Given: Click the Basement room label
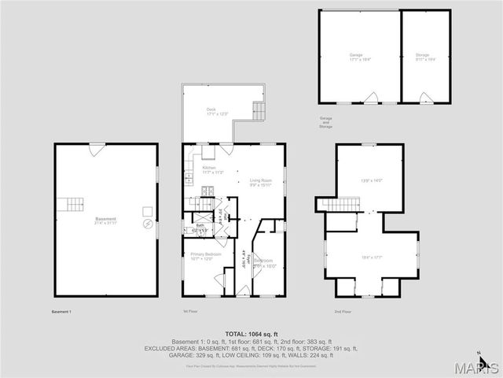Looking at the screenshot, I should tap(105, 219).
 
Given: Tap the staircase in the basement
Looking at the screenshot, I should tap(73, 205).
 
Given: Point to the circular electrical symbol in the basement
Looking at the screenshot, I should tap(147, 224).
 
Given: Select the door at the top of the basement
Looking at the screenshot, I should tap(95, 149).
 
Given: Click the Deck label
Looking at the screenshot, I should tap(211, 109).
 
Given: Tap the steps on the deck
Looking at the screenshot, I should tap(258, 109).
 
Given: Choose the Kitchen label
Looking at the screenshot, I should tap(209, 168).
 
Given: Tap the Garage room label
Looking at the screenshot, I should tap(356, 54).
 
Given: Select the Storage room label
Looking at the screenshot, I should tap(423, 54).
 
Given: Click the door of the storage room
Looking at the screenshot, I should tap(425, 98).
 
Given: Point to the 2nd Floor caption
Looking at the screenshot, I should tap(343, 312).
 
